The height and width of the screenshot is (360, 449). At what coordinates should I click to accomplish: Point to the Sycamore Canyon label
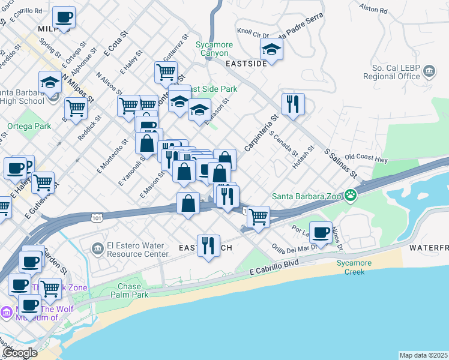tap(212, 49)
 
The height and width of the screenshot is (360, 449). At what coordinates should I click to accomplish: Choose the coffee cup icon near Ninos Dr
tap(321, 232)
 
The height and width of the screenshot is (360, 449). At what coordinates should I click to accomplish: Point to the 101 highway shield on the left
tap(97, 218)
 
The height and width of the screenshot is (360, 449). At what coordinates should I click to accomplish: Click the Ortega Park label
tap(29, 127)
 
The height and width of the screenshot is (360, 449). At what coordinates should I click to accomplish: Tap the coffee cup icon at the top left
tap(63, 17)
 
